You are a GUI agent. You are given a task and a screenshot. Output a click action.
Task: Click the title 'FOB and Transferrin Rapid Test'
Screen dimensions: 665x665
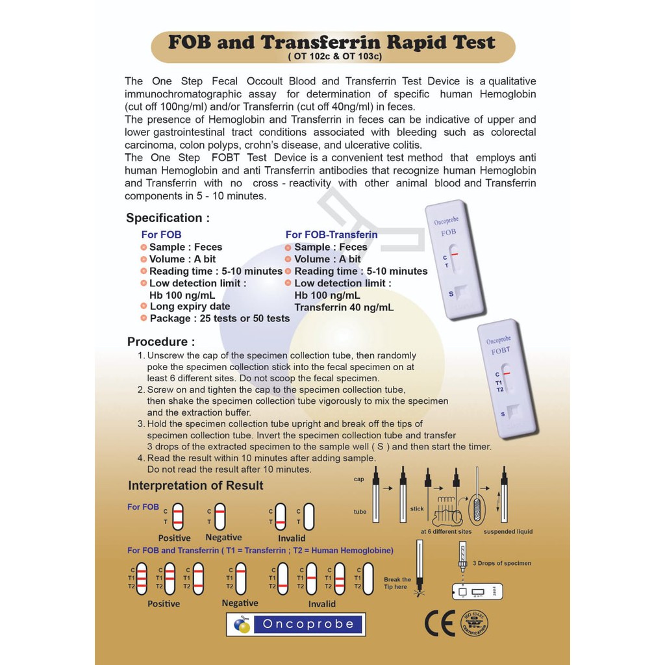pyautogui.click(x=332, y=43)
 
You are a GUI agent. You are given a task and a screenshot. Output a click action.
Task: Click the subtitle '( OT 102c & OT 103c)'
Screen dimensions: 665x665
pyautogui.click(x=334, y=56)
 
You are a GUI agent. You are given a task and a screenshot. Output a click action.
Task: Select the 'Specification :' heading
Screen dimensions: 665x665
pyautogui.click(x=168, y=218)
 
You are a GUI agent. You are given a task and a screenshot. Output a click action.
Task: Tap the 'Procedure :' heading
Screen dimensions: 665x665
pyautogui.click(x=160, y=342)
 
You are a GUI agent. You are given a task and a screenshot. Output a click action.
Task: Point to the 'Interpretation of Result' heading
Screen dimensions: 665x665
pyautogui.click(x=195, y=486)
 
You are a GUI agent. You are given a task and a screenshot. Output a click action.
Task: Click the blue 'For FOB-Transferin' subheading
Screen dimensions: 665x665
pyautogui.click(x=331, y=234)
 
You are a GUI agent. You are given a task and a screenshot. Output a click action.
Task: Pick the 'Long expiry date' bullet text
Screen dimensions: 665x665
pyautogui.click(x=190, y=307)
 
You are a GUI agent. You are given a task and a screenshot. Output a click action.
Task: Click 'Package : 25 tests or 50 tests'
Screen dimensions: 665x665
pyautogui.click(x=220, y=318)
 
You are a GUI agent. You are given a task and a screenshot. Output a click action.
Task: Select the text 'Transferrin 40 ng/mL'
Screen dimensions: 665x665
pyautogui.click(x=344, y=308)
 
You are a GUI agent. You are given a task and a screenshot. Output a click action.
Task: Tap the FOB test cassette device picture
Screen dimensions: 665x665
pyautogui.click(x=455, y=260)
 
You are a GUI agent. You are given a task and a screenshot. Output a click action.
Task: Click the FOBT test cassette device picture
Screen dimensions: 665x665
pyautogui.click(x=507, y=379)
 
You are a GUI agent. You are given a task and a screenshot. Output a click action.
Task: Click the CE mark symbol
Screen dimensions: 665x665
pyautogui.click(x=440, y=623)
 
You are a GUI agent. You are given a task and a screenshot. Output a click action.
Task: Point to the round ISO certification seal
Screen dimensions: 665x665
pyautogui.click(x=474, y=623)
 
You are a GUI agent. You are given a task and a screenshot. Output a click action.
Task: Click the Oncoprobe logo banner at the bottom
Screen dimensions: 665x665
pyautogui.click(x=295, y=624)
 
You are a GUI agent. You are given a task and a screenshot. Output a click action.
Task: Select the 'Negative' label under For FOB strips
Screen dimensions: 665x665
pyautogui.click(x=223, y=538)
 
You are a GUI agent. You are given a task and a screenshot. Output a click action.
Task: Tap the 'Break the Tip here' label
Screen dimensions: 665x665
pyautogui.click(x=397, y=583)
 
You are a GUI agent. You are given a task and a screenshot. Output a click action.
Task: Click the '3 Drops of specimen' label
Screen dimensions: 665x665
pyautogui.click(x=502, y=563)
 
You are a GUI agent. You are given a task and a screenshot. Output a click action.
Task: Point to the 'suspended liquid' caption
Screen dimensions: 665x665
pyautogui.click(x=508, y=532)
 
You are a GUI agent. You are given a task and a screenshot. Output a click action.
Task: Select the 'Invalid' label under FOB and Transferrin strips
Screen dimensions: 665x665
pyautogui.click(x=322, y=604)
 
